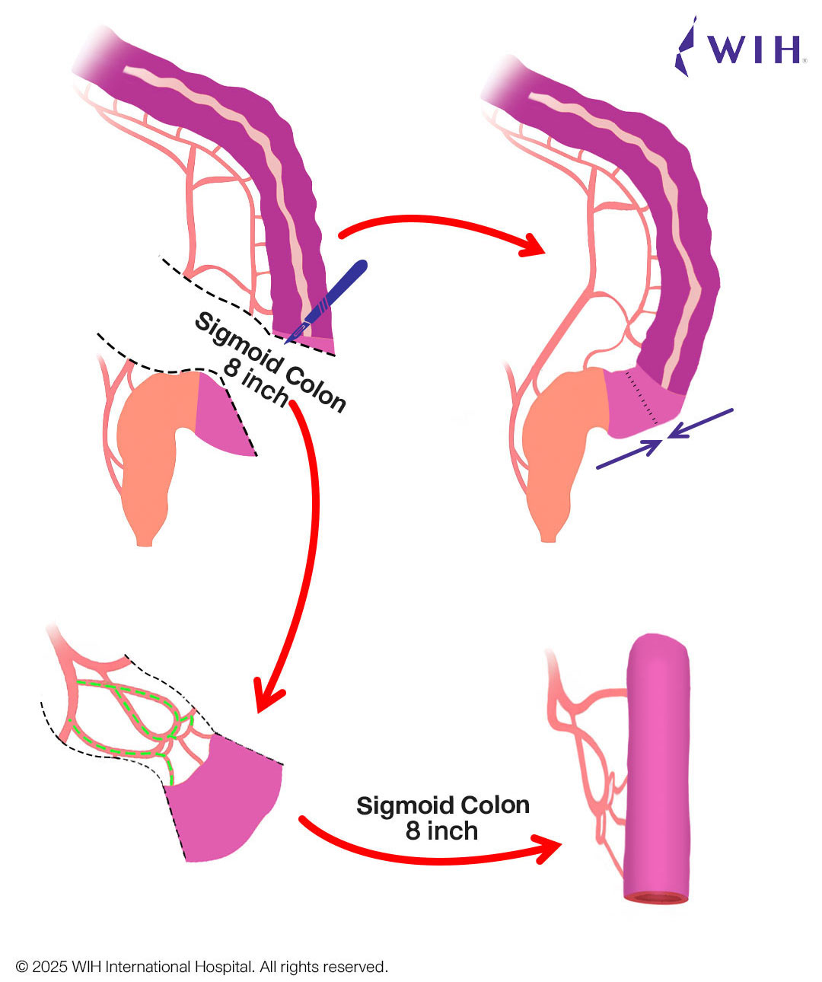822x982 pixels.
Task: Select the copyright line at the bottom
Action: (202, 967)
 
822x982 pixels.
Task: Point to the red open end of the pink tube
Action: (657, 898)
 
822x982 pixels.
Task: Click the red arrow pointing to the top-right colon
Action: (441, 225)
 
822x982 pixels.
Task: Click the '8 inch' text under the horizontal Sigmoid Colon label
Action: (441, 831)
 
